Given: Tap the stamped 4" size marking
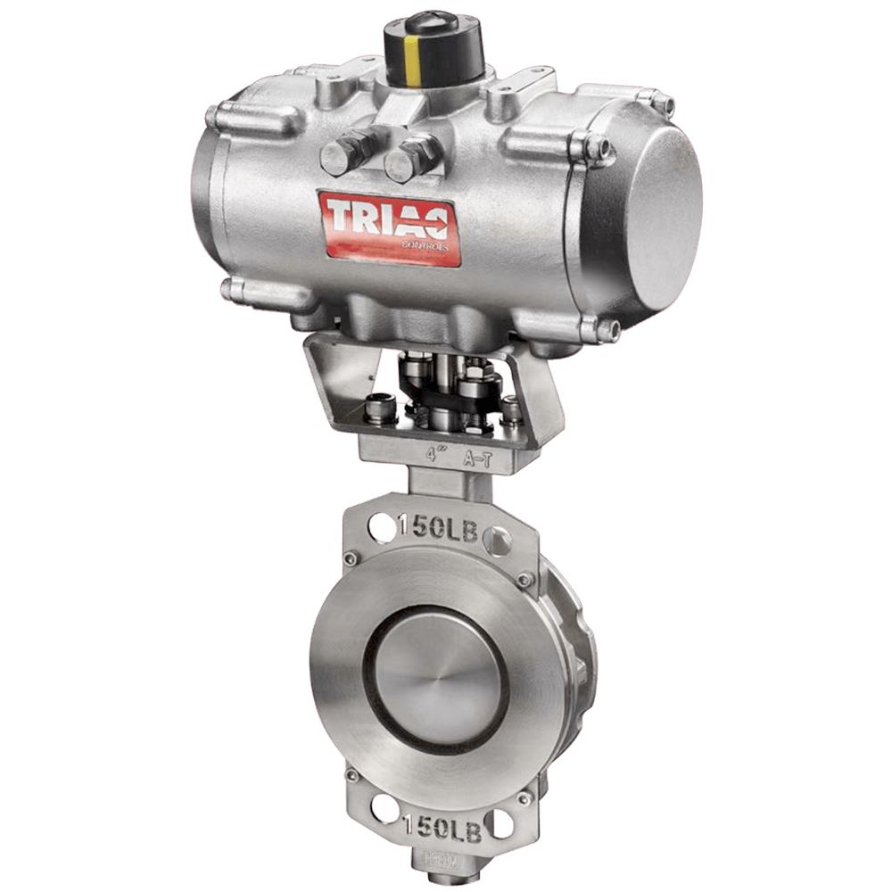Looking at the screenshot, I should pos(436,453).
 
